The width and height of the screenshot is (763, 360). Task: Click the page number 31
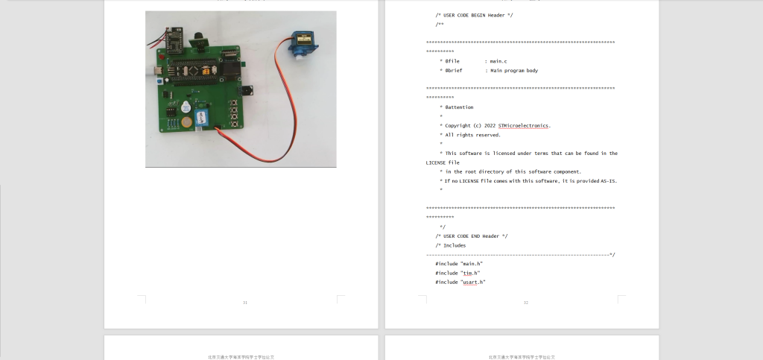[x=245, y=302]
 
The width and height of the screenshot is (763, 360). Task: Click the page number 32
[x=525, y=302]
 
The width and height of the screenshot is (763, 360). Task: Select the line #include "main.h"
[x=458, y=264]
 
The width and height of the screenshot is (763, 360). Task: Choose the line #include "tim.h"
[x=455, y=273]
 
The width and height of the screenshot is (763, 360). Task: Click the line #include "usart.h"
[x=460, y=282]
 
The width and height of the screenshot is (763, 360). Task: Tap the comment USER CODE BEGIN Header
[x=474, y=15]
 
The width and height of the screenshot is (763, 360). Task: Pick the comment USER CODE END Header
[x=472, y=236]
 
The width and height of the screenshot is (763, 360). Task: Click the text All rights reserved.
[x=472, y=135]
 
